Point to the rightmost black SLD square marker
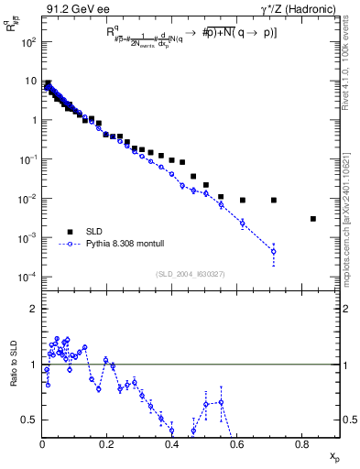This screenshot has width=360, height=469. [313, 219]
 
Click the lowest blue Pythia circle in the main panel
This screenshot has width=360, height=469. [274, 252]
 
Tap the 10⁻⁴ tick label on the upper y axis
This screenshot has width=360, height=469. [28, 277]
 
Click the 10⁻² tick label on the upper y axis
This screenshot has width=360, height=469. [28, 199]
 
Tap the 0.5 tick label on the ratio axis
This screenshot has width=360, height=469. [30, 420]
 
